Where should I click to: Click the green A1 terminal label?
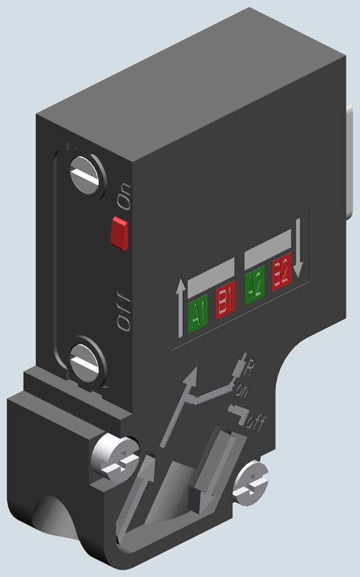point(197,314)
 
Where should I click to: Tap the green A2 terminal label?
point(255,288)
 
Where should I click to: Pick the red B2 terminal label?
point(281,275)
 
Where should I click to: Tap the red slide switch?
point(119,232)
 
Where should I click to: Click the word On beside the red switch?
point(124,196)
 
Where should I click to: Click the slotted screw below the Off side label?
point(87,361)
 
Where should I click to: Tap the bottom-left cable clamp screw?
point(115,458)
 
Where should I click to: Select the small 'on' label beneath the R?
point(243,389)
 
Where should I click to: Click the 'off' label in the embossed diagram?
point(255,423)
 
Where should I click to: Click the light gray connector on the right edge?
point(352,163)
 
